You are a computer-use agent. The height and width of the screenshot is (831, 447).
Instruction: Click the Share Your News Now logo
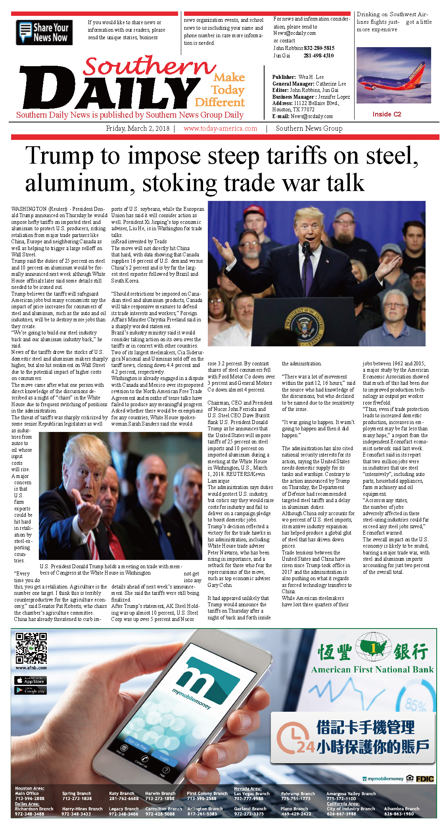coord(44,32)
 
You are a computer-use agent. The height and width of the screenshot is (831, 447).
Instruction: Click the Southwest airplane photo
coord(393,75)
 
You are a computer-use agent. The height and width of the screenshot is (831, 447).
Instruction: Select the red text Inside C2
coord(387,114)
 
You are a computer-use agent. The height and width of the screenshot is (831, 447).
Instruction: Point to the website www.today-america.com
coord(220,128)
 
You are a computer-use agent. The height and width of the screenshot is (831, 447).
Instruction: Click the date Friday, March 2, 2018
coord(138,128)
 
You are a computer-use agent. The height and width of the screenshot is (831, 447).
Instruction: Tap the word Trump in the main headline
coord(59,156)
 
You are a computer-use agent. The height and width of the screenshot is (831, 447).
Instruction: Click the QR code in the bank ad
coord(31,648)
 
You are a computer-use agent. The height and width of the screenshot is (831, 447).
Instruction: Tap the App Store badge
coord(31,680)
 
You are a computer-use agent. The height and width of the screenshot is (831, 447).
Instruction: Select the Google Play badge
coord(31,690)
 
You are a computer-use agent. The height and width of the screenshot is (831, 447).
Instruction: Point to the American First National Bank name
coord(372,670)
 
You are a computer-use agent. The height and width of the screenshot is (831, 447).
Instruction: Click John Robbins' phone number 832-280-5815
coord(319,48)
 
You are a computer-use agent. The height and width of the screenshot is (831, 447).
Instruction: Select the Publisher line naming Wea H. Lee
coord(298,77)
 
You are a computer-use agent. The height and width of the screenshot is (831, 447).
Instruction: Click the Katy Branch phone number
coord(124,799)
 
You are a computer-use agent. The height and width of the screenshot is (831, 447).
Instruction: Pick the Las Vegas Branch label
coord(251,794)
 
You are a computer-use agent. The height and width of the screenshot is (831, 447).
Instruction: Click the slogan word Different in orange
coord(220,103)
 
